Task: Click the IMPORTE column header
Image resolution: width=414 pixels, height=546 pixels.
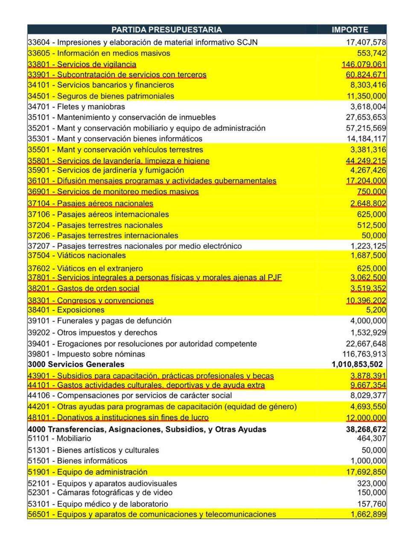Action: click(x=350, y=29)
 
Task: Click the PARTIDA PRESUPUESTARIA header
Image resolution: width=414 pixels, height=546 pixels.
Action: click(x=166, y=29)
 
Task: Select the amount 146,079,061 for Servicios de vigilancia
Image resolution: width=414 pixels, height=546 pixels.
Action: click(x=364, y=64)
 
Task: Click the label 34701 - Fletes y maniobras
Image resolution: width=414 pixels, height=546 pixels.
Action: click(x=76, y=107)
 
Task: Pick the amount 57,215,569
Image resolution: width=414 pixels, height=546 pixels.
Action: click(x=366, y=128)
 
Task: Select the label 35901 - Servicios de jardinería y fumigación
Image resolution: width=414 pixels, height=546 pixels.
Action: click(x=106, y=170)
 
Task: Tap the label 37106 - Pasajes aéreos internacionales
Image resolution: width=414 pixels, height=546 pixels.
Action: click(x=98, y=215)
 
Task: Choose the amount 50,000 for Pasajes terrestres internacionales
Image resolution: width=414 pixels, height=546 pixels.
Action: click(x=374, y=235)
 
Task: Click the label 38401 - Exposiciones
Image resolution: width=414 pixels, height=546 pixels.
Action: click(x=66, y=310)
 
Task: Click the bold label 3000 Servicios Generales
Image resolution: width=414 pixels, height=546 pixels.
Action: click(x=76, y=364)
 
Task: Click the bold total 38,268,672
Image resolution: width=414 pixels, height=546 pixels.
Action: click(x=366, y=429)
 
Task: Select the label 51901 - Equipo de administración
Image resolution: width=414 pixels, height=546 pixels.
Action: click(x=87, y=472)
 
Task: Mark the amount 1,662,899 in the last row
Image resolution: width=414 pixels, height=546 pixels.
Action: click(x=368, y=514)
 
